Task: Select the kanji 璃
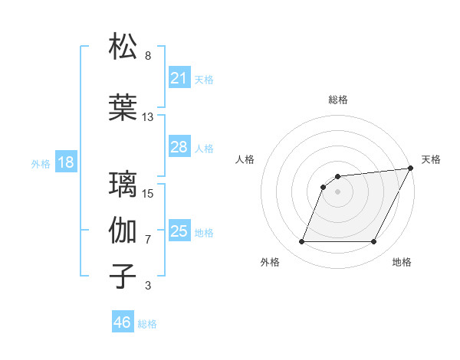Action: [x=123, y=185]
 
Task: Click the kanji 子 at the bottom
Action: [x=123, y=277]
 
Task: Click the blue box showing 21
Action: [x=179, y=77]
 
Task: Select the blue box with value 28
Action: [x=179, y=146]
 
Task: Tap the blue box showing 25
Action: [x=179, y=231]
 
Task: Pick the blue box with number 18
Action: [x=65, y=162]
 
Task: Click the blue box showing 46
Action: [x=123, y=322]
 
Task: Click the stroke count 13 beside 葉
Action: [x=148, y=117]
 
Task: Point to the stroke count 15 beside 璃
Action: [x=149, y=193]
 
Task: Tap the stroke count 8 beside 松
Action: [x=148, y=56]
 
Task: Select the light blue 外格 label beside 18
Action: [x=40, y=163]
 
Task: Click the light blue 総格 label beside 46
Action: [x=147, y=323]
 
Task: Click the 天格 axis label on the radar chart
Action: [x=431, y=159]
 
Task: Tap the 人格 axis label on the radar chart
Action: [x=245, y=159]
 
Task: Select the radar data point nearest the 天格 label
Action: [x=411, y=169]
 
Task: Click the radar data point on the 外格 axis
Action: [x=301, y=242]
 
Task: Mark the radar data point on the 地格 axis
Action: [x=374, y=242]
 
